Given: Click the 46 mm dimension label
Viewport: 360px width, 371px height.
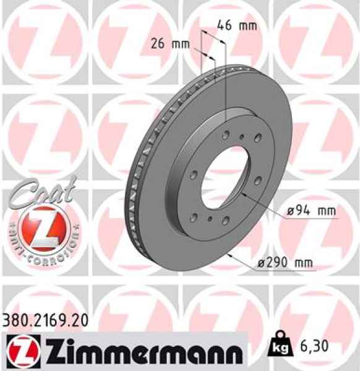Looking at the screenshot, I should [236, 26].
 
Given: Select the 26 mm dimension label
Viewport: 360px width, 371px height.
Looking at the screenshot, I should [170, 43].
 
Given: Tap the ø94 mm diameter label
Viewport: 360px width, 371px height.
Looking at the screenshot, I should [312, 211].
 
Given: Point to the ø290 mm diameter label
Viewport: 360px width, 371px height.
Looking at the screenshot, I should [285, 263].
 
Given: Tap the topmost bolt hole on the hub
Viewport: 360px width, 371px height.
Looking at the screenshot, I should [228, 133].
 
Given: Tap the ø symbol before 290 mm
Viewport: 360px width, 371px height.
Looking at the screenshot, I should [262, 264].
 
